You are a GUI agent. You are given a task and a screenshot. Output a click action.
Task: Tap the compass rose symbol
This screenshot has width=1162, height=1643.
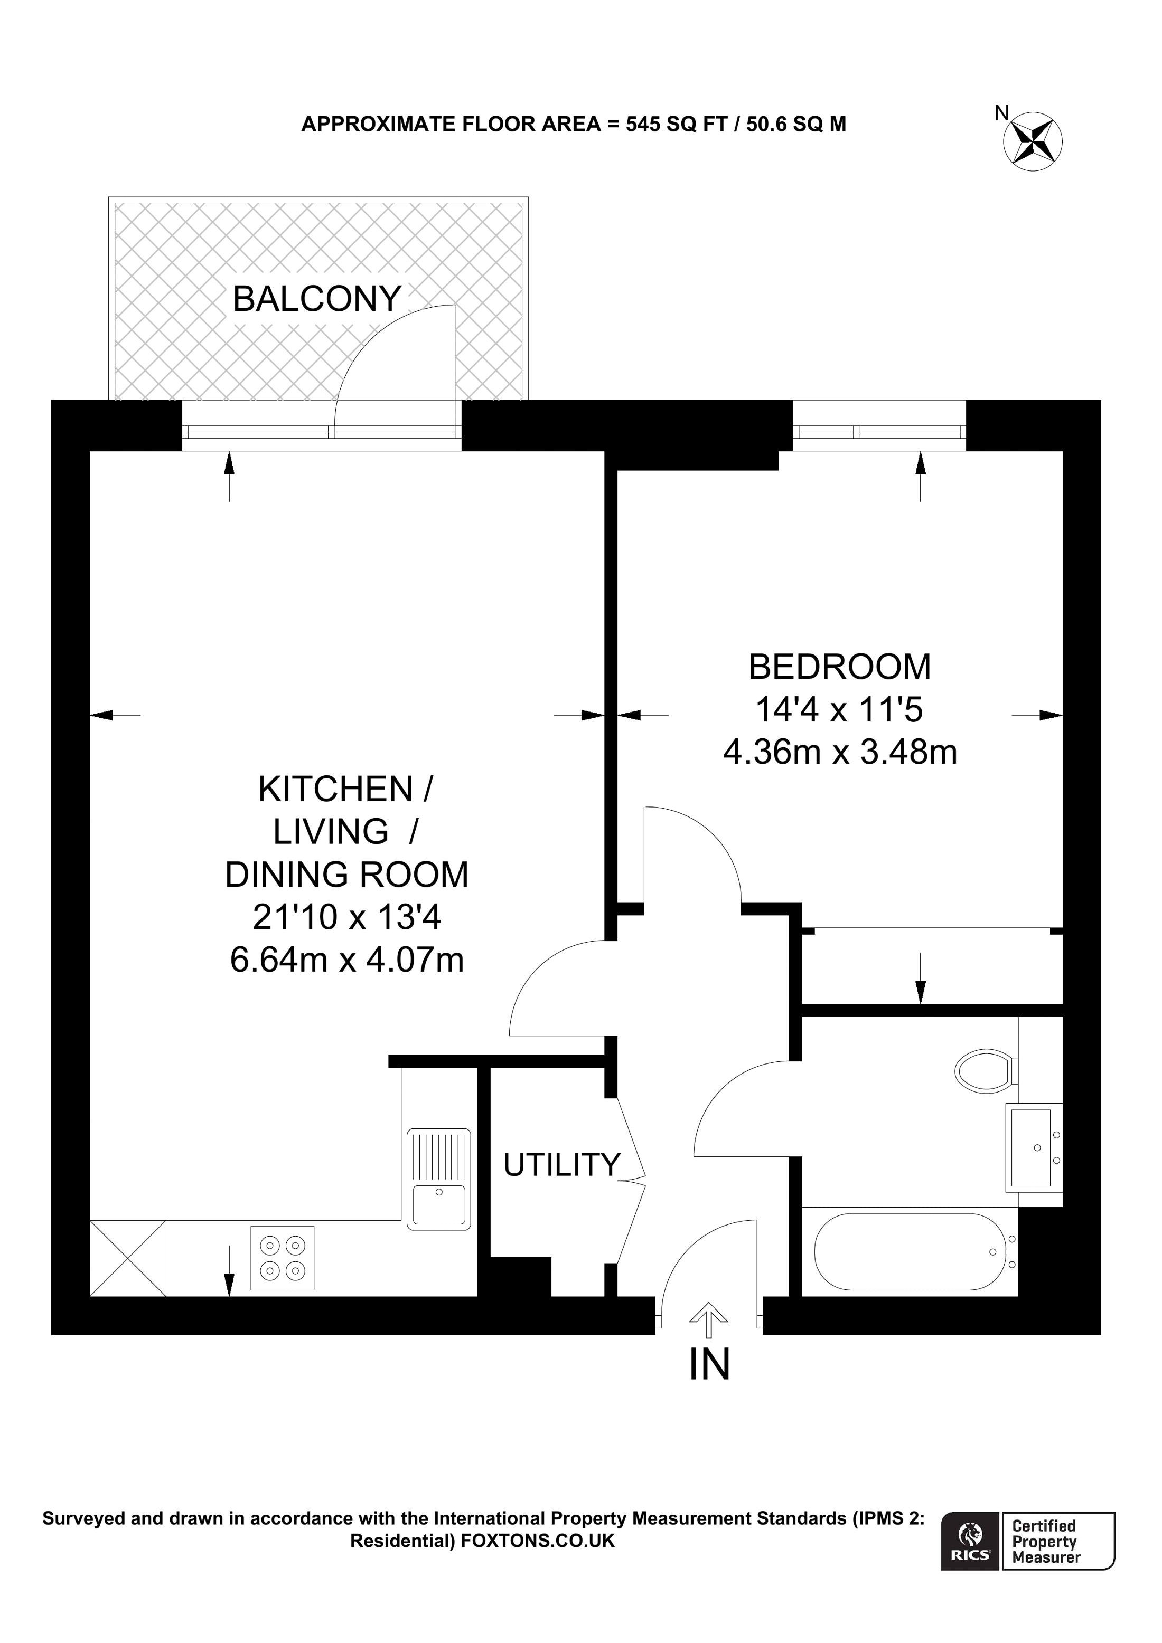pos(1033,141)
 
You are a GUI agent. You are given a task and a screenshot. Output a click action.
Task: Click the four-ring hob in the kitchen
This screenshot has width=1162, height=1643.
pos(282,1258)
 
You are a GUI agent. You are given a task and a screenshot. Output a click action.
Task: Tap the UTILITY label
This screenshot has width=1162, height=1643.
pos(561,1165)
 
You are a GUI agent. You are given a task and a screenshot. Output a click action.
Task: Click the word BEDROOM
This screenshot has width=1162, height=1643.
pos(839,667)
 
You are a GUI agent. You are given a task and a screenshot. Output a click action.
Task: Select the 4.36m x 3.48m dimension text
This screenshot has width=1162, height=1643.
pos(839,753)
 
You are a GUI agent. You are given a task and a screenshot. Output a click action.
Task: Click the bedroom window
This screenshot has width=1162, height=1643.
pos(878,432)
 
